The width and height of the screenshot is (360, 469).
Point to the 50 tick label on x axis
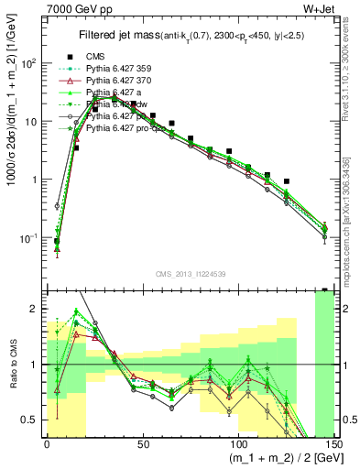coord(143,442)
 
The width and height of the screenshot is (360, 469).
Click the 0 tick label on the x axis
coord(47,442)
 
